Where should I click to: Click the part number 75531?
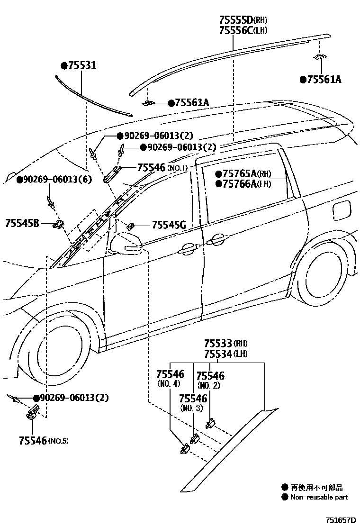coord(81,66)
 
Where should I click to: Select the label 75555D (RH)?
coord(243,20)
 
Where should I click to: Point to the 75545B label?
coord(22,222)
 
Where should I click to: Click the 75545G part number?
coord(169,225)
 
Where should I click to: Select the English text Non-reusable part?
coord(319,497)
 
